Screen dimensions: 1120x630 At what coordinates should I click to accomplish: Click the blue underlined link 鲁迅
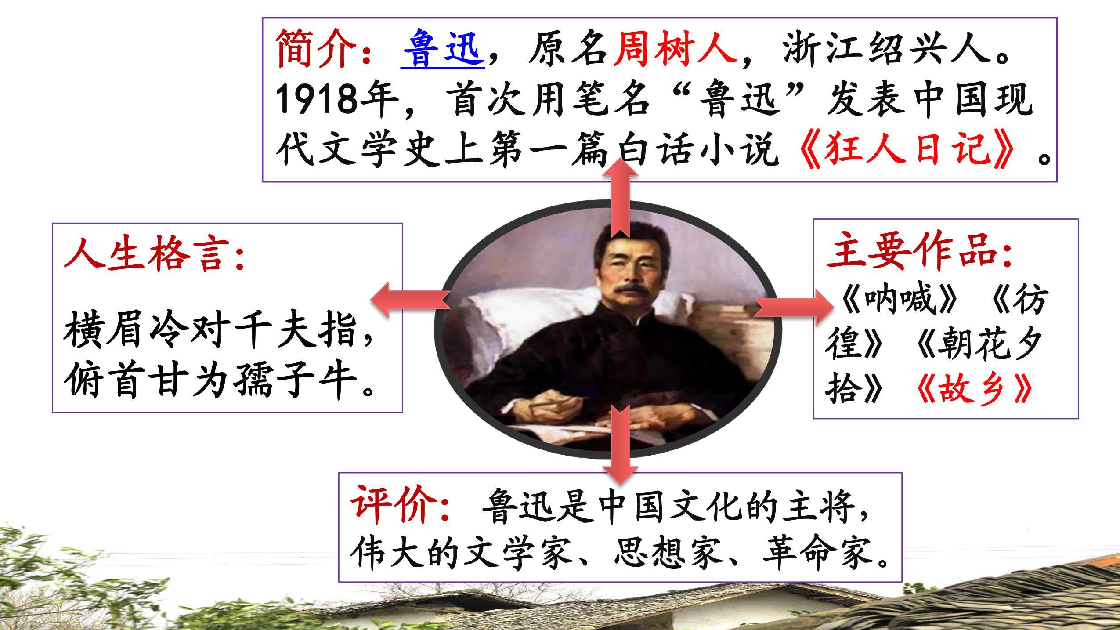pyautogui.click(x=443, y=49)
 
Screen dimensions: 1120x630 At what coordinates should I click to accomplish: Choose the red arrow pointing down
pyautogui.click(x=620, y=444)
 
